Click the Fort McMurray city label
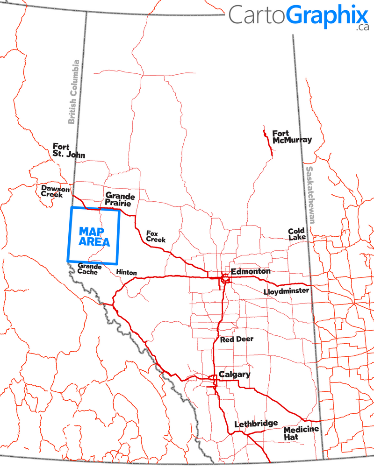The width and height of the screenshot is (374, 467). (x=292, y=136)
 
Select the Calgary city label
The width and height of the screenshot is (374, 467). (x=234, y=374)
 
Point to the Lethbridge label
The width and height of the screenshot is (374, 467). (x=256, y=423)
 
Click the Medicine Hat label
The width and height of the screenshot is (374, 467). (x=301, y=433)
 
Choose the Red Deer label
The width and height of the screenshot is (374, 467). (x=237, y=339)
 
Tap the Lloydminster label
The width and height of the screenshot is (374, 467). (x=286, y=291)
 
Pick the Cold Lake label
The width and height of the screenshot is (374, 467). (x=297, y=234)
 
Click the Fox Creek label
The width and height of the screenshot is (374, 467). (x=155, y=236)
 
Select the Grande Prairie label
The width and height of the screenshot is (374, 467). (x=120, y=199)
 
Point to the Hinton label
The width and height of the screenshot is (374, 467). (x=126, y=272)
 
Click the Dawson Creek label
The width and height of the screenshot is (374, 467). (x=55, y=191)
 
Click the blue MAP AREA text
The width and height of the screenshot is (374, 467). (x=94, y=236)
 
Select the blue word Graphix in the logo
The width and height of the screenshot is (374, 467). (x=327, y=15)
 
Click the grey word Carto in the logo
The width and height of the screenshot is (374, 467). (x=257, y=15)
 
